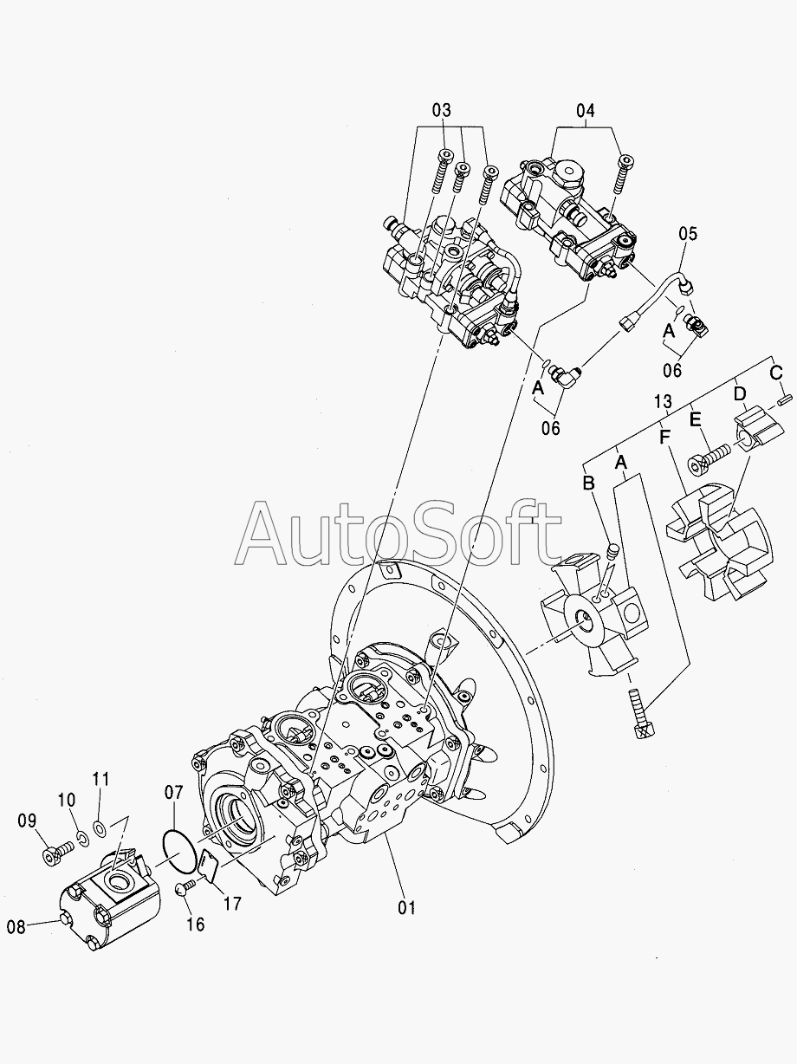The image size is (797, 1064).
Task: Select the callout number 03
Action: [442, 111]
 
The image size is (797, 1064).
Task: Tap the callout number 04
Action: [586, 111]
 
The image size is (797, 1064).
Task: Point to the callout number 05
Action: [687, 233]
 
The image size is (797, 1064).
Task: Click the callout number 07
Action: [174, 792]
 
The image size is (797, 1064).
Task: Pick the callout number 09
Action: [27, 820]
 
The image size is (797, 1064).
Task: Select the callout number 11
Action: [101, 778]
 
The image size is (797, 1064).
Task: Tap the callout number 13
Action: [663, 400]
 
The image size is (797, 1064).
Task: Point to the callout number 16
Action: [196, 925]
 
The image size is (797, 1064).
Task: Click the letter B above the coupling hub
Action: [588, 483]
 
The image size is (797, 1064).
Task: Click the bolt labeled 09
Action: [55, 855]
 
